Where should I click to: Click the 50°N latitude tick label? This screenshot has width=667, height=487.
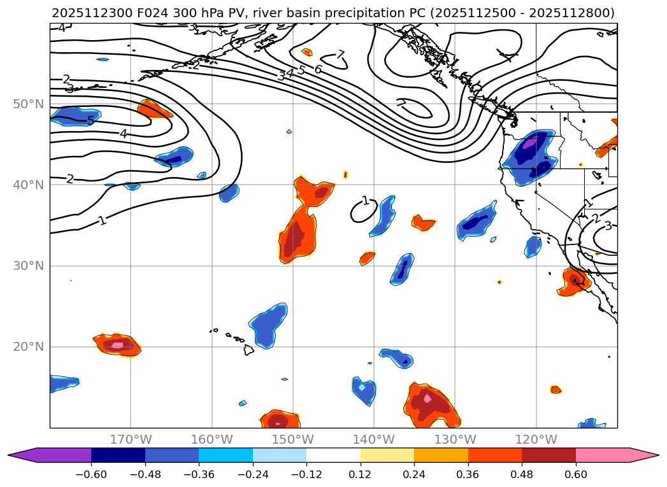tap(28, 104)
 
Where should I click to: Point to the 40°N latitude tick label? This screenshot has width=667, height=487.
tap(28, 185)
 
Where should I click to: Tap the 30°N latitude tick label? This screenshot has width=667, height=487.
tap(28, 265)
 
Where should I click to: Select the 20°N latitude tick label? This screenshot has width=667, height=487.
tap(28, 347)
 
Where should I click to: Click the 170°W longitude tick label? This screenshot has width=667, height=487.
tap(131, 439)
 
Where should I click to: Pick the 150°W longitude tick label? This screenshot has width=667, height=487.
tap(292, 439)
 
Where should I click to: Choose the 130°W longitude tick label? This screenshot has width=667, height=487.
tap(455, 439)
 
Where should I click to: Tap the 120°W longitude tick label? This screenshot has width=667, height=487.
tap(536, 439)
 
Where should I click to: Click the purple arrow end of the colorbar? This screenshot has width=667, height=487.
tap(19, 455)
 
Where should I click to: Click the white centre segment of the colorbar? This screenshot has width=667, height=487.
tap(333, 455)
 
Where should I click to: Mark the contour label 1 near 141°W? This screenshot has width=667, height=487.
tap(365, 201)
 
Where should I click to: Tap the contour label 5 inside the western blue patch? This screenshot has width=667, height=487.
tap(90, 120)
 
